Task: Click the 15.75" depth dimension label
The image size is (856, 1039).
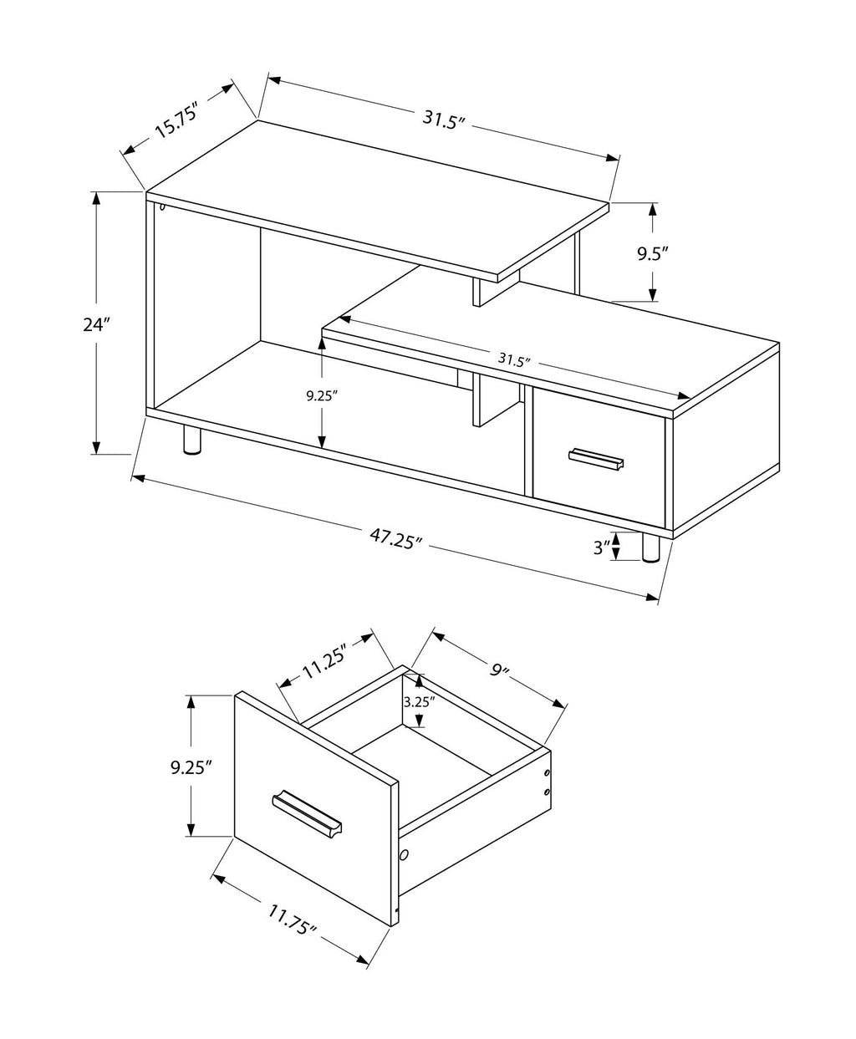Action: tap(175, 123)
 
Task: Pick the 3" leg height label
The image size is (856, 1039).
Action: tap(599, 548)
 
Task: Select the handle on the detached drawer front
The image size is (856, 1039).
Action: tap(307, 810)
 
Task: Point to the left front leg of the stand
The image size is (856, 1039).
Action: tap(191, 440)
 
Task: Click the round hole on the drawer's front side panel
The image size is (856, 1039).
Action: tap(404, 855)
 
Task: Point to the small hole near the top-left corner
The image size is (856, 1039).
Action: tap(161, 206)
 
